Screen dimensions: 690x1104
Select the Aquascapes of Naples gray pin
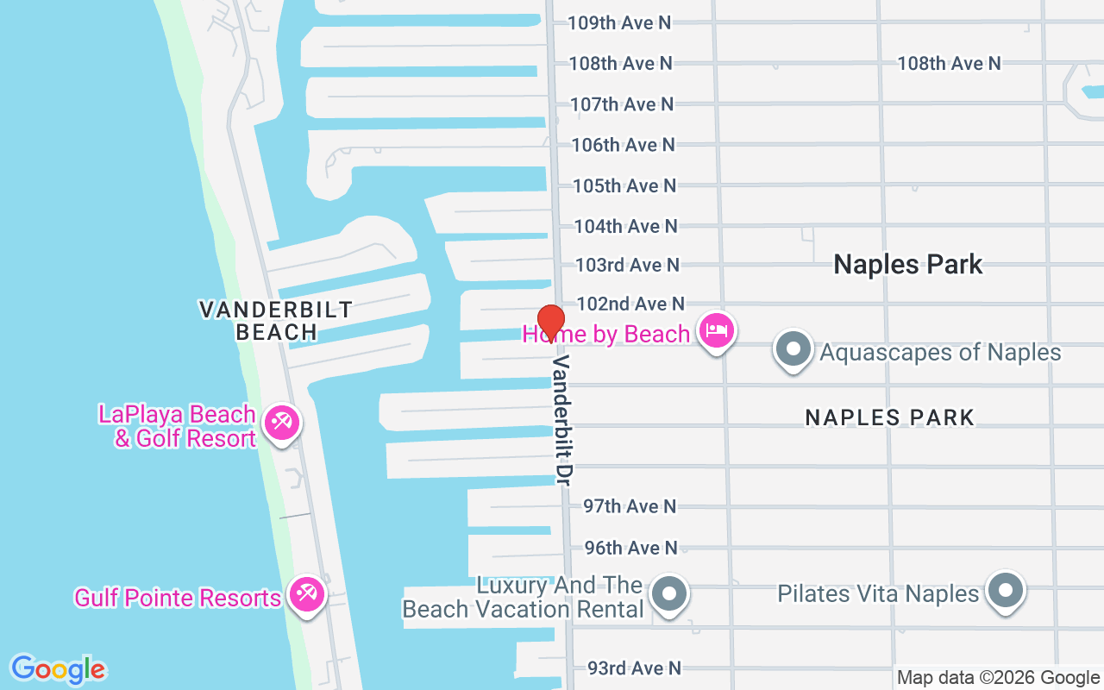point(793,350)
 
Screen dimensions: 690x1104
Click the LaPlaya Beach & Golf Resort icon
point(281,423)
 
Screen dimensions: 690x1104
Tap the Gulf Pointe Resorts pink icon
point(306,594)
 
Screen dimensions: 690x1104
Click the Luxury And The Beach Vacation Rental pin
point(669,594)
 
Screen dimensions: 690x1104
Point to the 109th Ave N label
point(619,22)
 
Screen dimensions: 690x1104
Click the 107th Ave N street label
point(622,104)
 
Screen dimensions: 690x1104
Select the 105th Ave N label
point(624,185)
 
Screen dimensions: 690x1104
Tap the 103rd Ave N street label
point(627,265)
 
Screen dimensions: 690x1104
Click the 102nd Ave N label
point(630,304)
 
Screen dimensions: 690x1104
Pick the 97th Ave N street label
point(630,506)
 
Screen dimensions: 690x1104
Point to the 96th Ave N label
point(631,548)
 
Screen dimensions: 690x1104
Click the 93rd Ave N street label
point(634,668)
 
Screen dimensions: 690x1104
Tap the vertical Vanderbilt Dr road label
point(562,418)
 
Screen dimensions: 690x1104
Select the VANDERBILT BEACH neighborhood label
point(276,320)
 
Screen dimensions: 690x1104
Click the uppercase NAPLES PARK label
point(889,417)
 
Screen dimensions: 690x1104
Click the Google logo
point(58,669)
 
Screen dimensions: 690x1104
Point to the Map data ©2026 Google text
point(998,678)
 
